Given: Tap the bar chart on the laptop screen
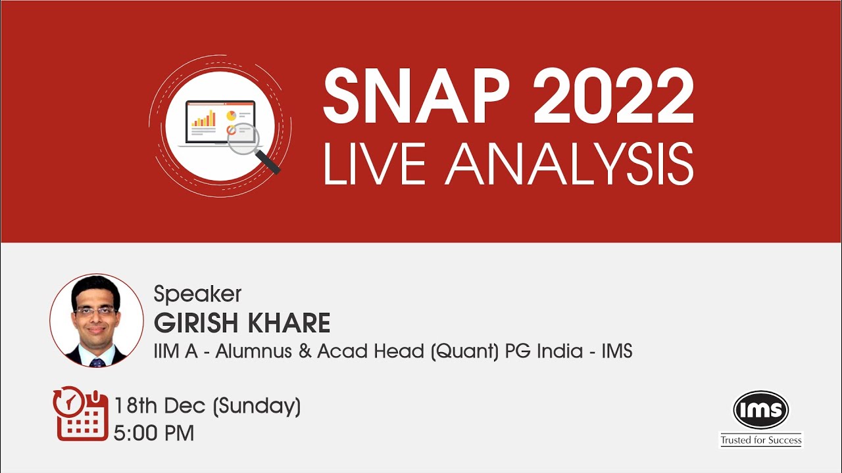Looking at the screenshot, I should (204, 118).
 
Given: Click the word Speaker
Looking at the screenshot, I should (197, 294).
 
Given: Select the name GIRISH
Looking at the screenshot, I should (195, 323).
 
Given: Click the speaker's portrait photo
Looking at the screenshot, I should (97, 321).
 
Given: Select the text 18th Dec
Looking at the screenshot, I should (160, 406).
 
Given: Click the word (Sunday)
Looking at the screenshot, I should (257, 406).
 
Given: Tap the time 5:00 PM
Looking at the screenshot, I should (154, 434).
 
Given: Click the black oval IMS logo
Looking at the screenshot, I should (761, 411).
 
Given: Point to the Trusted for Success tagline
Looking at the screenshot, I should (761, 440).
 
